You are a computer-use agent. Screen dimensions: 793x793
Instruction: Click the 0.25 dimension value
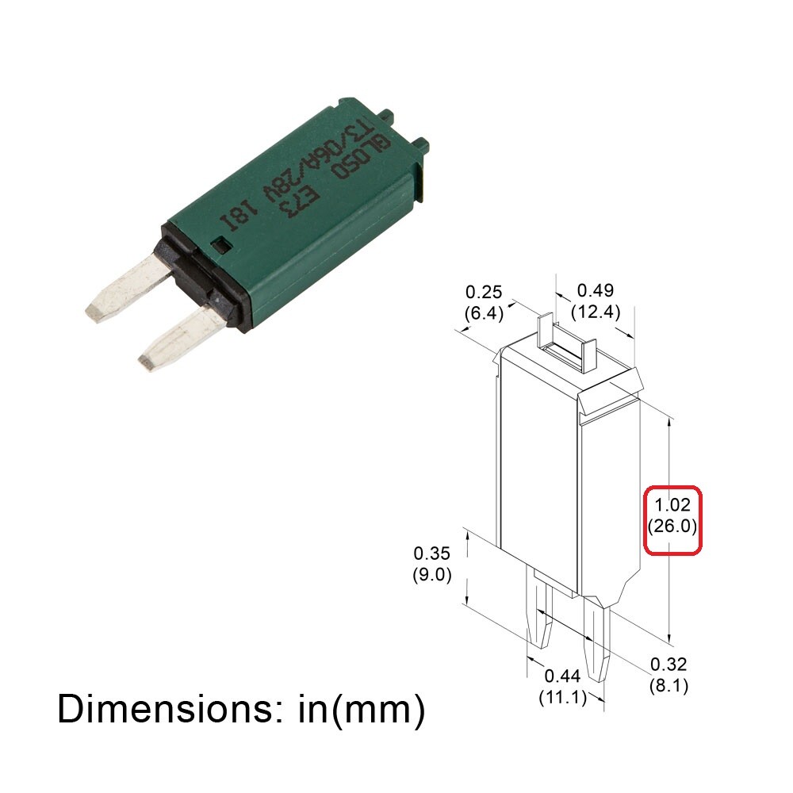(484, 292)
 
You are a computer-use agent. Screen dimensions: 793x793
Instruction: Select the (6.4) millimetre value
(484, 313)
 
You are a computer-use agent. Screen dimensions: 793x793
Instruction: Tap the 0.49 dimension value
(596, 290)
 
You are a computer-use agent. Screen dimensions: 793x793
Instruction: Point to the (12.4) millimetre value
(596, 312)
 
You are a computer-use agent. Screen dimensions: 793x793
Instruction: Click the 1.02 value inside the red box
(672, 504)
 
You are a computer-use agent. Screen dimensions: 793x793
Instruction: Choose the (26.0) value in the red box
(672, 526)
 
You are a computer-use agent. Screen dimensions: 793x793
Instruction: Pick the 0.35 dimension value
(431, 553)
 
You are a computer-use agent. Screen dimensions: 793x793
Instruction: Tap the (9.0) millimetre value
(432, 574)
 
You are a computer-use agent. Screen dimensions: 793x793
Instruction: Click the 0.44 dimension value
(562, 676)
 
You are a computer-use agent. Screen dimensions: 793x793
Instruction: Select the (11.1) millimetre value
(562, 697)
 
